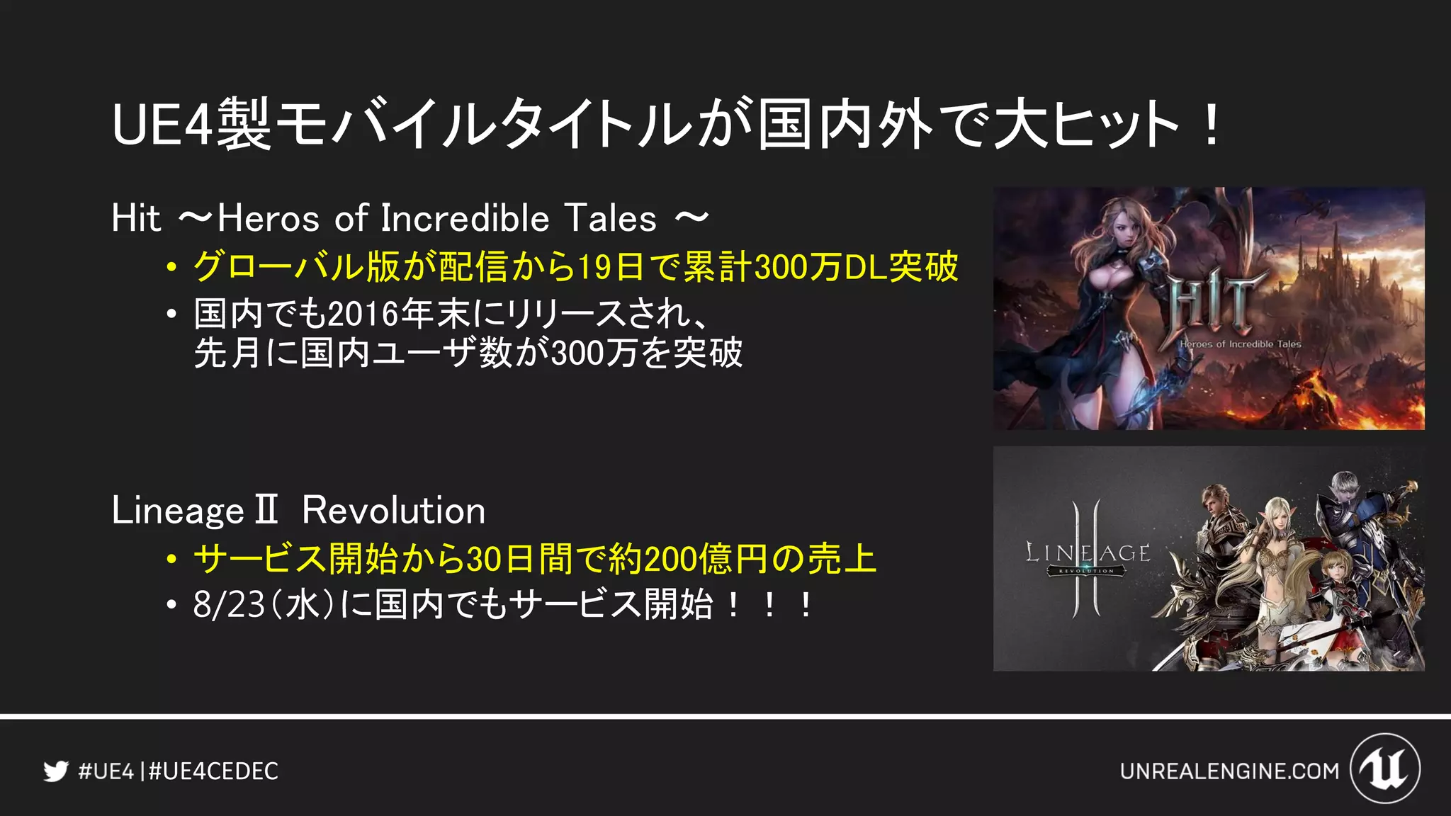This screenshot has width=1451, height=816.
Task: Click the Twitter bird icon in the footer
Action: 55,771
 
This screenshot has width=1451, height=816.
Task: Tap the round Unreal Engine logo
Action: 1385,769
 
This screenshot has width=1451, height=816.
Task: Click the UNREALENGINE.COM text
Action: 1229,771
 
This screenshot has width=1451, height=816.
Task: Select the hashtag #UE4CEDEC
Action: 213,771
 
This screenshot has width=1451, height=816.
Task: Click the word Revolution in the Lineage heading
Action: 393,510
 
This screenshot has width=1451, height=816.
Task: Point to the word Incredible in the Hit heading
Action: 465,217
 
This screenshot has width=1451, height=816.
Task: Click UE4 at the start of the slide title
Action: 162,125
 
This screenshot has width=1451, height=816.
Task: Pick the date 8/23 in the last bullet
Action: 228,605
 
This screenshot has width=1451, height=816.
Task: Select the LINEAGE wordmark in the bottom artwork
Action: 1088,553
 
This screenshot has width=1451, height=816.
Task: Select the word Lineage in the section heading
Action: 178,510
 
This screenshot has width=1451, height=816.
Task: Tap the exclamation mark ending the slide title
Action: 1212,125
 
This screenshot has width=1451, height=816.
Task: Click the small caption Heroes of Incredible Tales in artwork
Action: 1240,344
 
